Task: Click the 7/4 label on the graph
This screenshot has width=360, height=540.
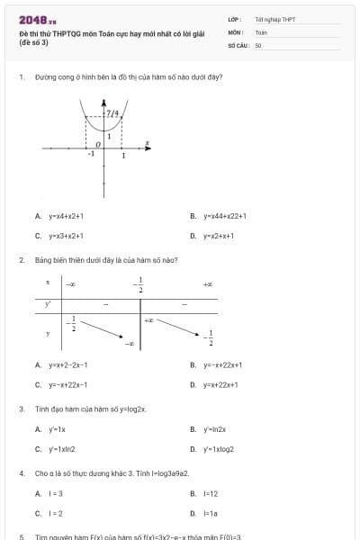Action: click(x=112, y=114)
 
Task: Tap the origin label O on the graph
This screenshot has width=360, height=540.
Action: click(x=98, y=144)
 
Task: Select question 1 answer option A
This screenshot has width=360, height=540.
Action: click(x=65, y=216)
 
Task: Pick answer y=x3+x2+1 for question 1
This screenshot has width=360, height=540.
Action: click(x=66, y=236)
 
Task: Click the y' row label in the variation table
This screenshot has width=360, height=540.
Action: click(x=49, y=304)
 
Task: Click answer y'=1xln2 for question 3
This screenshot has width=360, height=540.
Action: click(x=62, y=448)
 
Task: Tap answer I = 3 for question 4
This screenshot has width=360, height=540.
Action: click(x=56, y=494)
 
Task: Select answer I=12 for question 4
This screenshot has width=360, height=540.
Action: click(x=211, y=494)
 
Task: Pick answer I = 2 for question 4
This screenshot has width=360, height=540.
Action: click(x=56, y=513)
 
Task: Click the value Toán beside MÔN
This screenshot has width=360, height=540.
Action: click(x=261, y=31)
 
